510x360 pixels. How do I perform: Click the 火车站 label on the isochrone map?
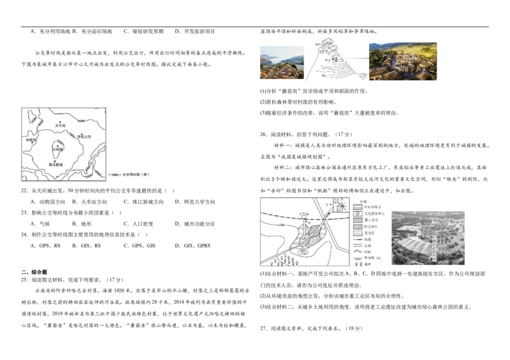click(x=60, y=126)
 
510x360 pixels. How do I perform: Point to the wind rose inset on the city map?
click(x=342, y=206)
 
